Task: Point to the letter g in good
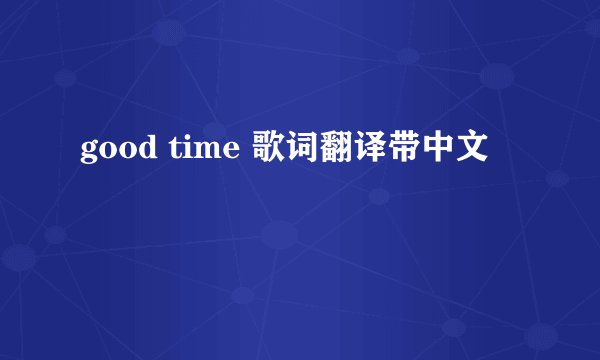(x=87, y=153)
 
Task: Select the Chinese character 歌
(x=264, y=150)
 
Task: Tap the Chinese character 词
(x=297, y=150)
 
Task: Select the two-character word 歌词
(x=280, y=150)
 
